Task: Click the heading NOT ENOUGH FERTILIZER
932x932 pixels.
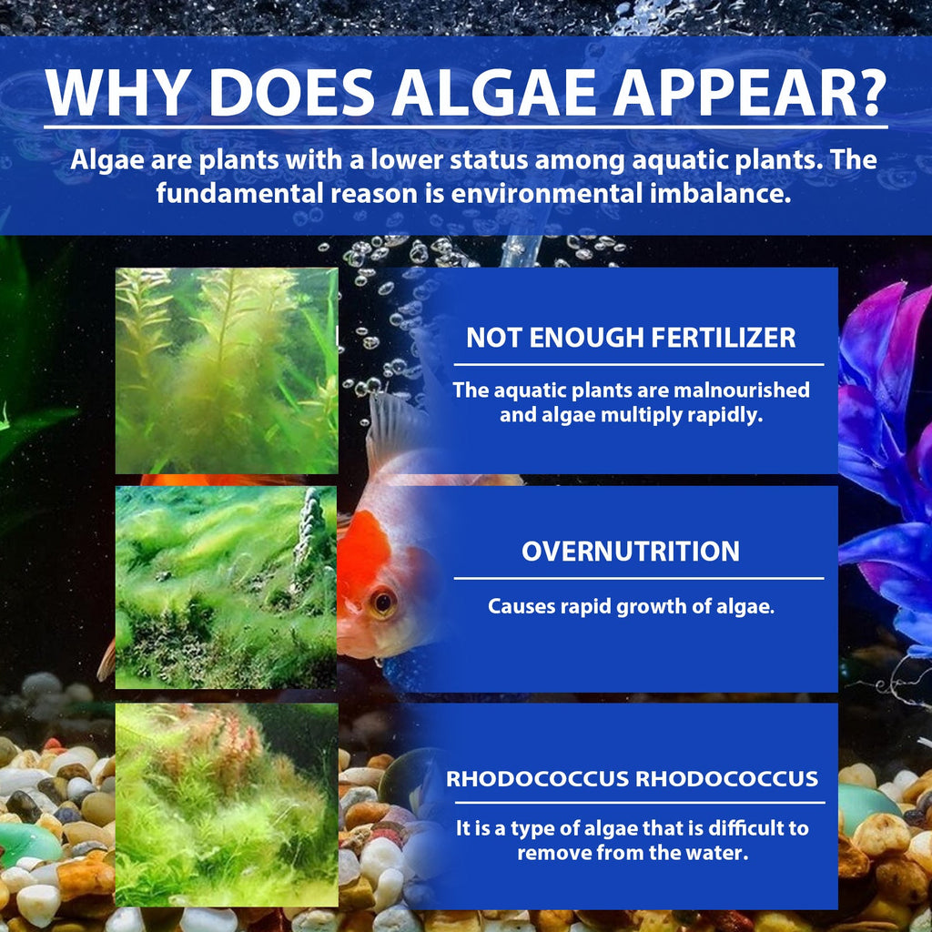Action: [631, 338]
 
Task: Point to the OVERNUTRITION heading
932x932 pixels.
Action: [631, 551]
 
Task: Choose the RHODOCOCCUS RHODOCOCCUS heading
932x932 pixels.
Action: [632, 780]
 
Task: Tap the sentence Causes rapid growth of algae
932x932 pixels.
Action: [631, 606]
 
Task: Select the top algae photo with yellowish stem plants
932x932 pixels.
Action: [227, 370]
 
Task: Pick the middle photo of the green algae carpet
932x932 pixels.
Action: [226, 587]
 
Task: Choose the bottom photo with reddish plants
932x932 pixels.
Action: [227, 805]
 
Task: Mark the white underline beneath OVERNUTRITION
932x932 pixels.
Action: [638, 578]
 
